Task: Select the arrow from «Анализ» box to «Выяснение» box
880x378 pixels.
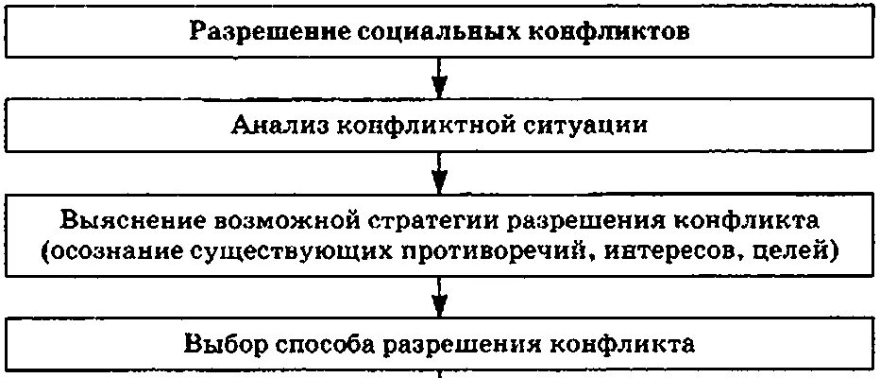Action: point(439,171)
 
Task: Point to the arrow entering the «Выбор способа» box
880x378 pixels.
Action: point(439,301)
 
